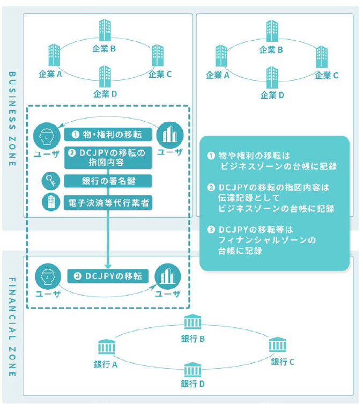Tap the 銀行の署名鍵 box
tap(109, 181)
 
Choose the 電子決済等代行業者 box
tap(109, 203)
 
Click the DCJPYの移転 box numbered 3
tap(109, 276)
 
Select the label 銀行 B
tap(193, 339)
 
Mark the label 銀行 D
tap(193, 384)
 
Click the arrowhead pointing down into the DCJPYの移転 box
tap(109, 265)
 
